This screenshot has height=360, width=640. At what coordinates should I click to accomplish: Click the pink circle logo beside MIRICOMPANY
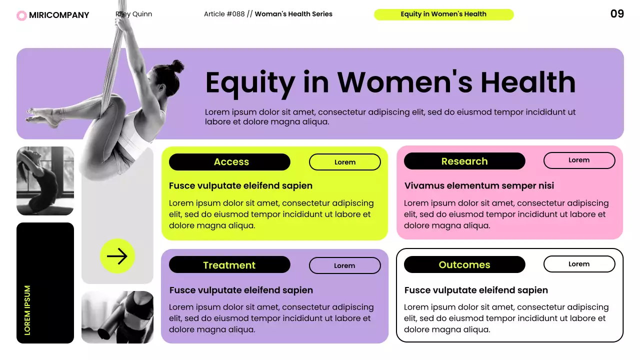click(x=21, y=15)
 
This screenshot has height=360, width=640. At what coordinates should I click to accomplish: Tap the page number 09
click(x=617, y=14)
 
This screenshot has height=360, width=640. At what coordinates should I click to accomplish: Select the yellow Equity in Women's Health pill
click(x=443, y=14)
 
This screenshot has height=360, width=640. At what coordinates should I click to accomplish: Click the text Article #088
click(x=224, y=14)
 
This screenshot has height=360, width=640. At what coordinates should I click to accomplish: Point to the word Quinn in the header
click(x=141, y=14)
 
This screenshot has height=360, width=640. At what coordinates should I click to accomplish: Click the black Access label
click(x=229, y=162)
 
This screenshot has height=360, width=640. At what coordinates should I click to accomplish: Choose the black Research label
click(x=464, y=161)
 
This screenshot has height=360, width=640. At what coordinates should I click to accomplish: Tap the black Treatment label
click(x=229, y=265)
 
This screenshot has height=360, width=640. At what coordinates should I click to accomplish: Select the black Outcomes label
click(x=464, y=264)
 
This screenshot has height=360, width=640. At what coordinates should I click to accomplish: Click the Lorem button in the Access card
click(x=345, y=162)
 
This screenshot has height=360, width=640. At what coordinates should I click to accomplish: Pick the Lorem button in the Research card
click(x=579, y=160)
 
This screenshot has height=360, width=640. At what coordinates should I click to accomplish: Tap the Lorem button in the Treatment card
click(x=345, y=265)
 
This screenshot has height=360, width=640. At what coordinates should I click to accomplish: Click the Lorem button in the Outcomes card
click(x=579, y=264)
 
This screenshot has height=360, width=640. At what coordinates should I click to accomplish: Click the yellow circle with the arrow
click(x=117, y=256)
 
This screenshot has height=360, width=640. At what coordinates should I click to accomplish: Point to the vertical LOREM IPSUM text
click(x=27, y=310)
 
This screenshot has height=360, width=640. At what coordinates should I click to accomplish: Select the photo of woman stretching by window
click(x=45, y=180)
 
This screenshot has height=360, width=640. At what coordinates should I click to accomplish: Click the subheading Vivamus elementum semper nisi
click(x=479, y=185)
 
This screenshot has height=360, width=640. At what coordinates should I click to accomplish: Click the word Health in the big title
click(x=528, y=82)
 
